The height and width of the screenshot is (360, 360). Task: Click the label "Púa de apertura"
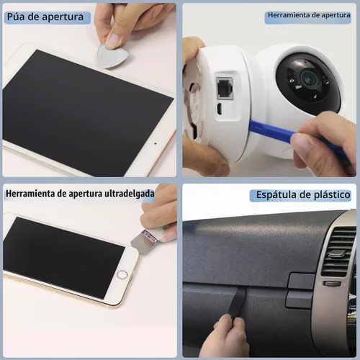45,17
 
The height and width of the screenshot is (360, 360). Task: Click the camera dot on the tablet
156,143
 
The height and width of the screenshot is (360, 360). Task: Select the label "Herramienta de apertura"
309,15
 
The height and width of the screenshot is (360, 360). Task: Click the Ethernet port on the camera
225,88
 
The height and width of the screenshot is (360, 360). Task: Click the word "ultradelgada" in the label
129,194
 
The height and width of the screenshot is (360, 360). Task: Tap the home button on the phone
122,274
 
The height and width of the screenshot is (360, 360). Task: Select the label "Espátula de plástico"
303,194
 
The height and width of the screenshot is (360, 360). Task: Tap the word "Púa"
16,17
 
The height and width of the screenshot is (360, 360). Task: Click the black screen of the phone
63,257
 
